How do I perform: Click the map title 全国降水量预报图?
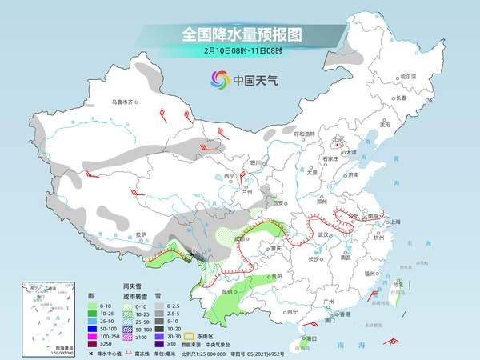239,34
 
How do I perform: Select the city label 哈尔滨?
409,76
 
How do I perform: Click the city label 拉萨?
141,234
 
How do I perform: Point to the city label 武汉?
324,234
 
